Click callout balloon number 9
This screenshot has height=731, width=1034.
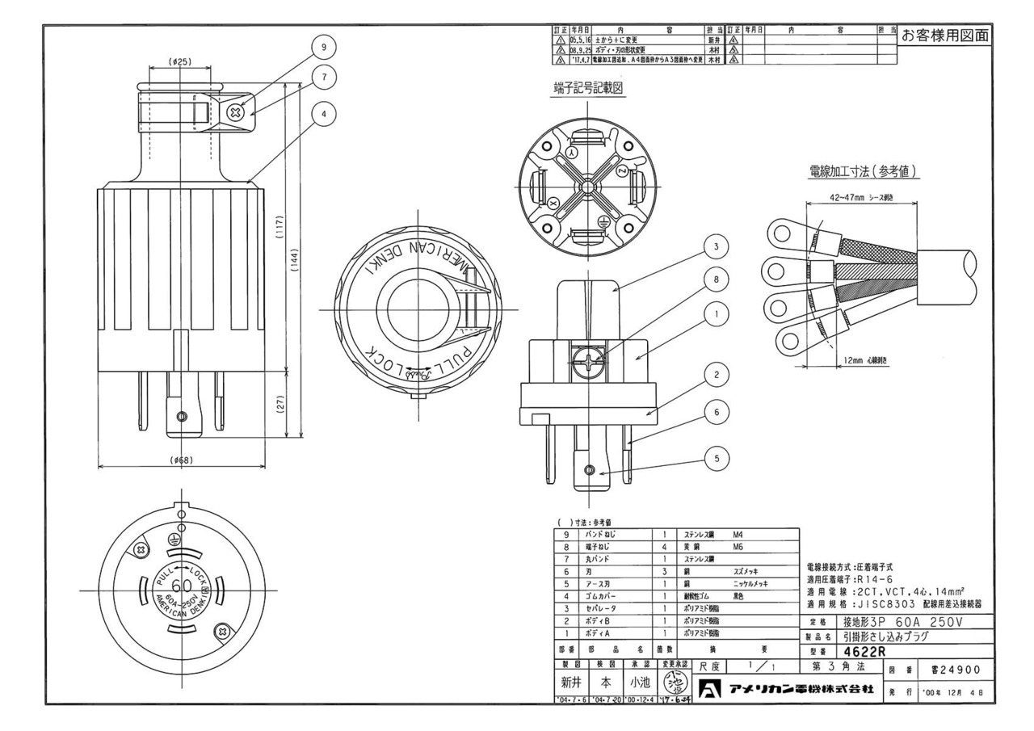(x=324, y=48)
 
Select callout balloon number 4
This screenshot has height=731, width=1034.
(x=324, y=114)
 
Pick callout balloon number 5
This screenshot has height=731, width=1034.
(x=712, y=459)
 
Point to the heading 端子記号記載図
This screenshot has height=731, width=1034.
(x=586, y=90)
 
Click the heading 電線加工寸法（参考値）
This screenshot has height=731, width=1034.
(x=865, y=172)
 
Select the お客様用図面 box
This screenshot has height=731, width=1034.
(x=944, y=36)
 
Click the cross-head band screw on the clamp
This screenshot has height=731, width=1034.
(x=237, y=112)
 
